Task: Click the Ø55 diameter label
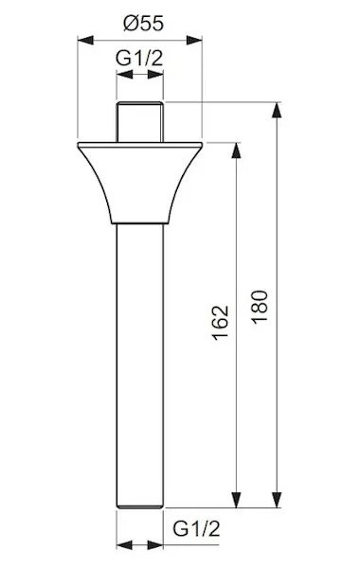pyautogui.click(x=144, y=24)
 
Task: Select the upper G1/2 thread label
pyautogui.click(x=139, y=58)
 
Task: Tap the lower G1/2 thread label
pyautogui.click(x=196, y=528)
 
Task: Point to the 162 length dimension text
pyautogui.click(x=221, y=323)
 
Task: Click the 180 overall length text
pyautogui.click(x=260, y=307)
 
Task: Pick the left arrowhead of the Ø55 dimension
pyautogui.click(x=85, y=40)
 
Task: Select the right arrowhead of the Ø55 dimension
pyautogui.click(x=194, y=40)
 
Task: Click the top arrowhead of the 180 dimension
pyautogui.click(x=277, y=110)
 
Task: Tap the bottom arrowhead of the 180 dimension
pyautogui.click(x=277, y=500)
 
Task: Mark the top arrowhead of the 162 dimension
pyautogui.click(x=236, y=151)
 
